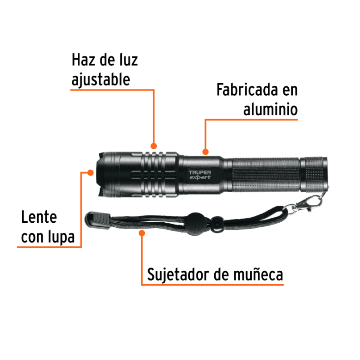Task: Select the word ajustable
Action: coord(101,79)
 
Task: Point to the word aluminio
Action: coord(270,109)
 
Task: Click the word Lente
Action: coord(39,217)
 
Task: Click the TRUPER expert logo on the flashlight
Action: coord(199,175)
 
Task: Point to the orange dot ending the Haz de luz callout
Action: coord(154,146)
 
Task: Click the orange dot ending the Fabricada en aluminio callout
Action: coord(205,152)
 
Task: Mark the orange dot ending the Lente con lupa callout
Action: coord(90,173)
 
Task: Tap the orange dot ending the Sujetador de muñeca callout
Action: coord(142,233)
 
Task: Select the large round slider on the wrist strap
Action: coord(197,224)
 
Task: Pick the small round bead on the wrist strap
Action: coord(217,224)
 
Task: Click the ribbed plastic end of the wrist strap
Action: coord(98,220)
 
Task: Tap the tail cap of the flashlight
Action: coord(314,175)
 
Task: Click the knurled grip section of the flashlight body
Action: coord(266,175)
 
